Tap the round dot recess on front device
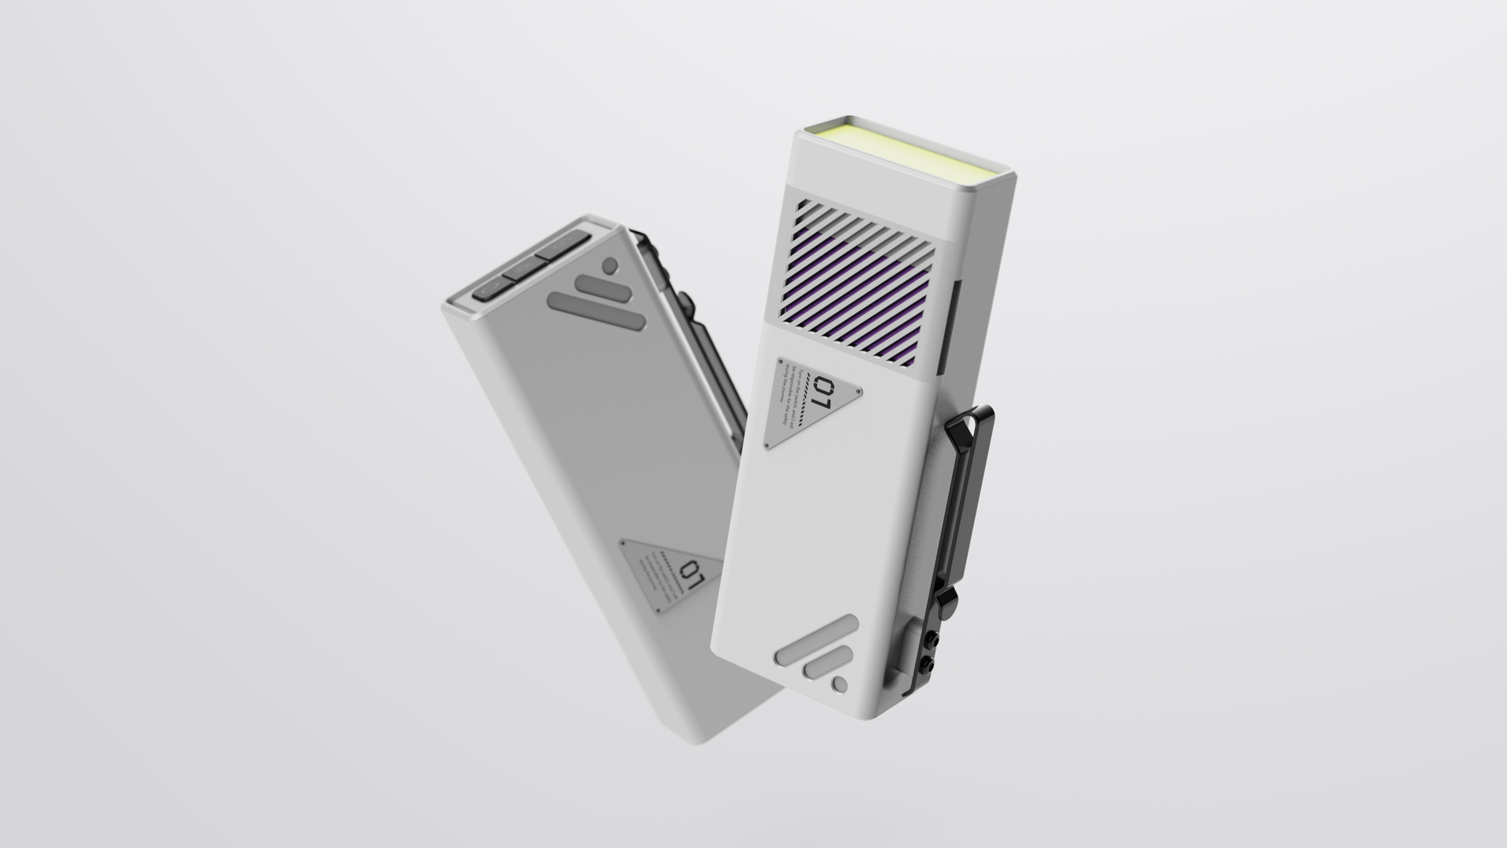[x=840, y=685]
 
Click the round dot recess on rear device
[x=610, y=265]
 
